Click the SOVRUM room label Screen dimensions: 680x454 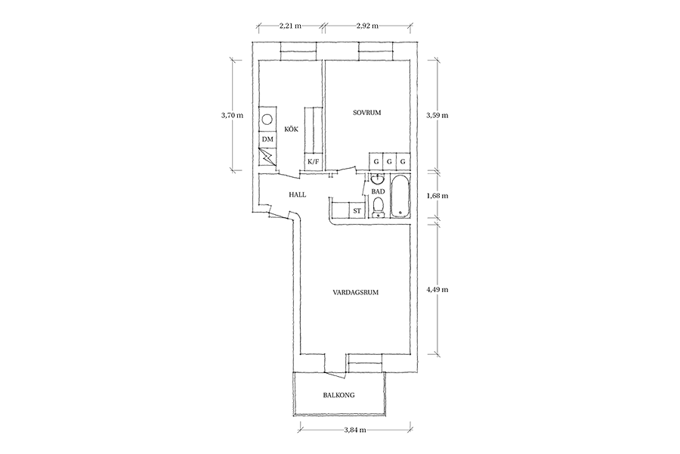tap(366, 113)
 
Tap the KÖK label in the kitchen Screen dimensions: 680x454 tap(291, 129)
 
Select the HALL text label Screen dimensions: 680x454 tap(298, 194)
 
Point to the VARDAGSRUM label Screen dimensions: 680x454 tap(356, 292)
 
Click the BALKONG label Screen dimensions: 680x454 tap(338, 395)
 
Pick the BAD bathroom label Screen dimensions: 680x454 tap(379, 191)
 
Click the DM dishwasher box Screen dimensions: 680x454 tap(267, 139)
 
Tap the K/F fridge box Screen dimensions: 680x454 tap(313, 162)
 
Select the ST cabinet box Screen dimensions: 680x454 tap(357, 210)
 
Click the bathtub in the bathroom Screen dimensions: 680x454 tap(400, 196)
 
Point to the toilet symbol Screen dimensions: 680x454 tap(379, 207)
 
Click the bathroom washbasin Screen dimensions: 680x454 tap(378, 179)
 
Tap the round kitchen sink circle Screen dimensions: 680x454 tap(267, 119)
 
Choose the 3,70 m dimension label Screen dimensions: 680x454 tap(232, 116)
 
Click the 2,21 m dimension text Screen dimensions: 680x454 tap(290, 26)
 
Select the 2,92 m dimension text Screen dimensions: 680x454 tap(367, 26)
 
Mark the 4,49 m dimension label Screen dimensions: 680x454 tap(437, 289)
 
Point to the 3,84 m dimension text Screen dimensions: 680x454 tap(355, 430)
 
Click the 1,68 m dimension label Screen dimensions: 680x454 tap(437, 195)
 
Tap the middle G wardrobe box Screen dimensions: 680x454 tap(389, 162)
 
